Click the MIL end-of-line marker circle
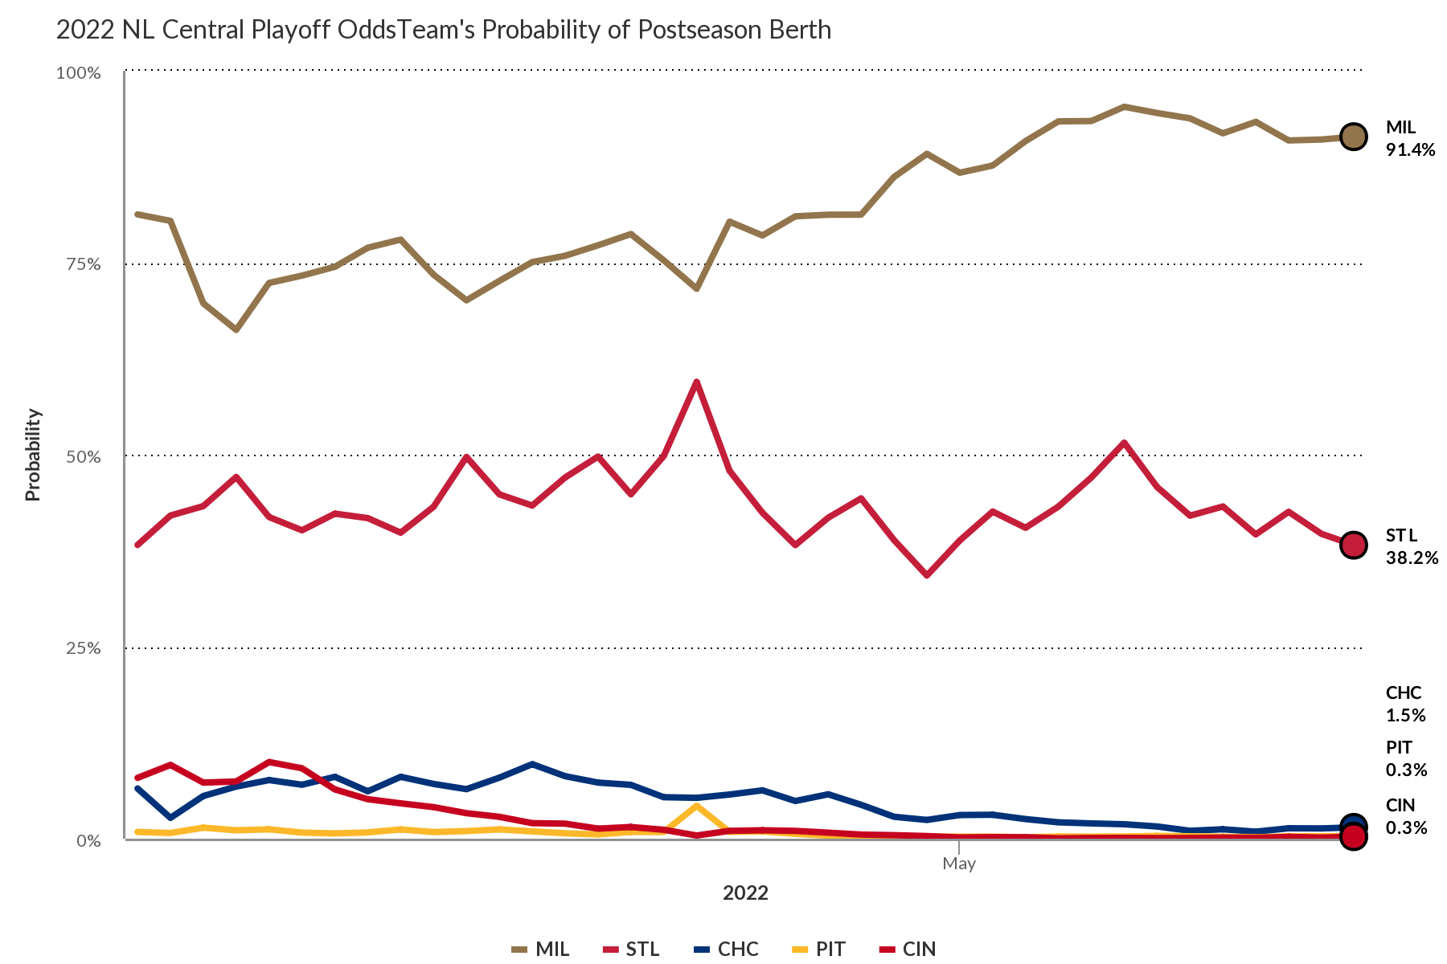coord(1353,137)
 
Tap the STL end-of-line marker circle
coord(1353,545)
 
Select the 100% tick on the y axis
coord(78,73)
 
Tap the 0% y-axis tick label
coord(88,840)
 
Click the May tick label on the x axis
coord(959,864)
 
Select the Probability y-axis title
coord(33,455)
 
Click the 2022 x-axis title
coord(745,893)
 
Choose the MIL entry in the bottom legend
coord(540,949)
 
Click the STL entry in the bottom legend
coord(631,949)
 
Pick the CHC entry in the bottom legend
coord(726,949)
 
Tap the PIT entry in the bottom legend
coord(818,949)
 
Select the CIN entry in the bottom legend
coord(908,949)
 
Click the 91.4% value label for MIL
coord(1410,149)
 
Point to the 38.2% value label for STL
coord(1412,558)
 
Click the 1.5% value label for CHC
coord(1405,715)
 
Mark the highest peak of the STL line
coord(696,382)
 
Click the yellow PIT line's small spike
coord(696,806)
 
